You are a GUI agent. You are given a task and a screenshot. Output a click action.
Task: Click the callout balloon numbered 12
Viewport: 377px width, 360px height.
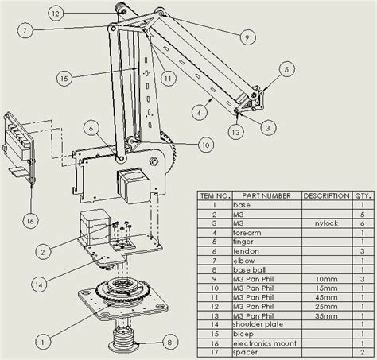point(55,14)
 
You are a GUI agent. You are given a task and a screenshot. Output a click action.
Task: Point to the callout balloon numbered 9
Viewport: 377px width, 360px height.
point(245,35)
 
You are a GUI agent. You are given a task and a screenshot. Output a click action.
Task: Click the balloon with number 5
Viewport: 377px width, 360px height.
point(286,71)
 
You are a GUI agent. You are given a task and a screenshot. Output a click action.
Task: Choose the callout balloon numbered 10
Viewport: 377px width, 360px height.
point(206,145)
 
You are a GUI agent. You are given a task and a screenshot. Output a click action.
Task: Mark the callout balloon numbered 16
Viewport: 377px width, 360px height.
point(30,220)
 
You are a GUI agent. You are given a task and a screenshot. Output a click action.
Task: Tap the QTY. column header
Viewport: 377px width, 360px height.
point(362,195)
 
